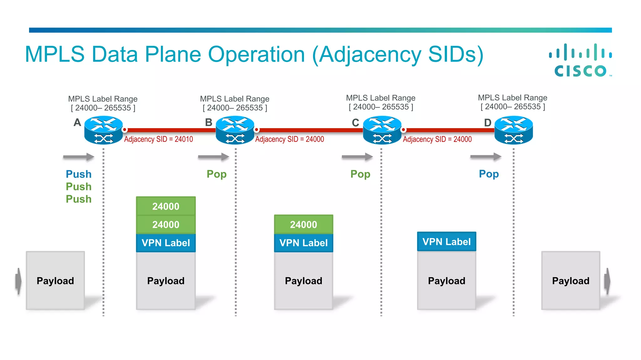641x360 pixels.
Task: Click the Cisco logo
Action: tap(581, 61)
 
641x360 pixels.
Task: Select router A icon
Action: tap(104, 130)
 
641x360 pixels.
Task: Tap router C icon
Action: tap(382, 130)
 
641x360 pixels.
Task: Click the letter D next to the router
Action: tap(488, 123)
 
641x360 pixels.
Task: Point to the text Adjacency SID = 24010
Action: tap(158, 139)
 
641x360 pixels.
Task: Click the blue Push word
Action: tap(79, 174)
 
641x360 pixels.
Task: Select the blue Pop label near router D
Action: tap(489, 174)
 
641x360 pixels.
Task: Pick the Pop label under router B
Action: tap(217, 174)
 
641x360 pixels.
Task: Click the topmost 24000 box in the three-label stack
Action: tap(166, 206)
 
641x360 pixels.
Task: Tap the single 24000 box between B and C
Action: tap(304, 224)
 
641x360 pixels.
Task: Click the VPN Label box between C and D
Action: tap(447, 242)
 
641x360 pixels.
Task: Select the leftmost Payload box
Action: tap(55, 281)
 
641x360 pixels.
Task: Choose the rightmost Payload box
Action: tap(571, 281)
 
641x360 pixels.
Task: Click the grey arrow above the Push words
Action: tap(79, 157)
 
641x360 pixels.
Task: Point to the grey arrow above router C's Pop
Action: tap(357, 157)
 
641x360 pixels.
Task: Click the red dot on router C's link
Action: tap(404, 130)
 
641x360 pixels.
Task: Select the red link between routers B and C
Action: tap(310, 130)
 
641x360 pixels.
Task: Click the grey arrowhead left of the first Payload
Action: tap(19, 281)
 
